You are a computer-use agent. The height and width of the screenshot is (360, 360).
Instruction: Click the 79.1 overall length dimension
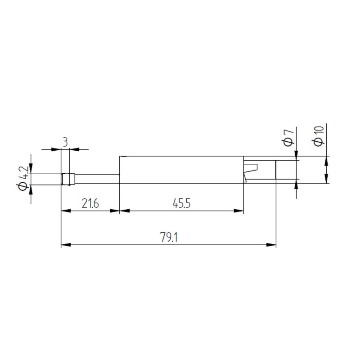(169, 237)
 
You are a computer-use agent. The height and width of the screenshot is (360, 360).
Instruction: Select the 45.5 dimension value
(182, 203)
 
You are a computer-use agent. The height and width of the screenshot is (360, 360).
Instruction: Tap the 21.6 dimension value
(90, 203)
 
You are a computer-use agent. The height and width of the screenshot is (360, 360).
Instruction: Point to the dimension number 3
(65, 142)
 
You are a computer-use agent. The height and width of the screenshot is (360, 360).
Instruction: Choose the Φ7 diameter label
(288, 138)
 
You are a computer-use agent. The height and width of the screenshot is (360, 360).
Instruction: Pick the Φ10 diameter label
(319, 136)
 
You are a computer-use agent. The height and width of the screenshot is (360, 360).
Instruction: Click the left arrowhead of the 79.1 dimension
(66, 245)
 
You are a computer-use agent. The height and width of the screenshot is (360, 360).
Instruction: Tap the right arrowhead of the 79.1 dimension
(271, 245)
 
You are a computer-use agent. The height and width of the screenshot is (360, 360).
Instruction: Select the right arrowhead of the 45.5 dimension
(238, 211)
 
